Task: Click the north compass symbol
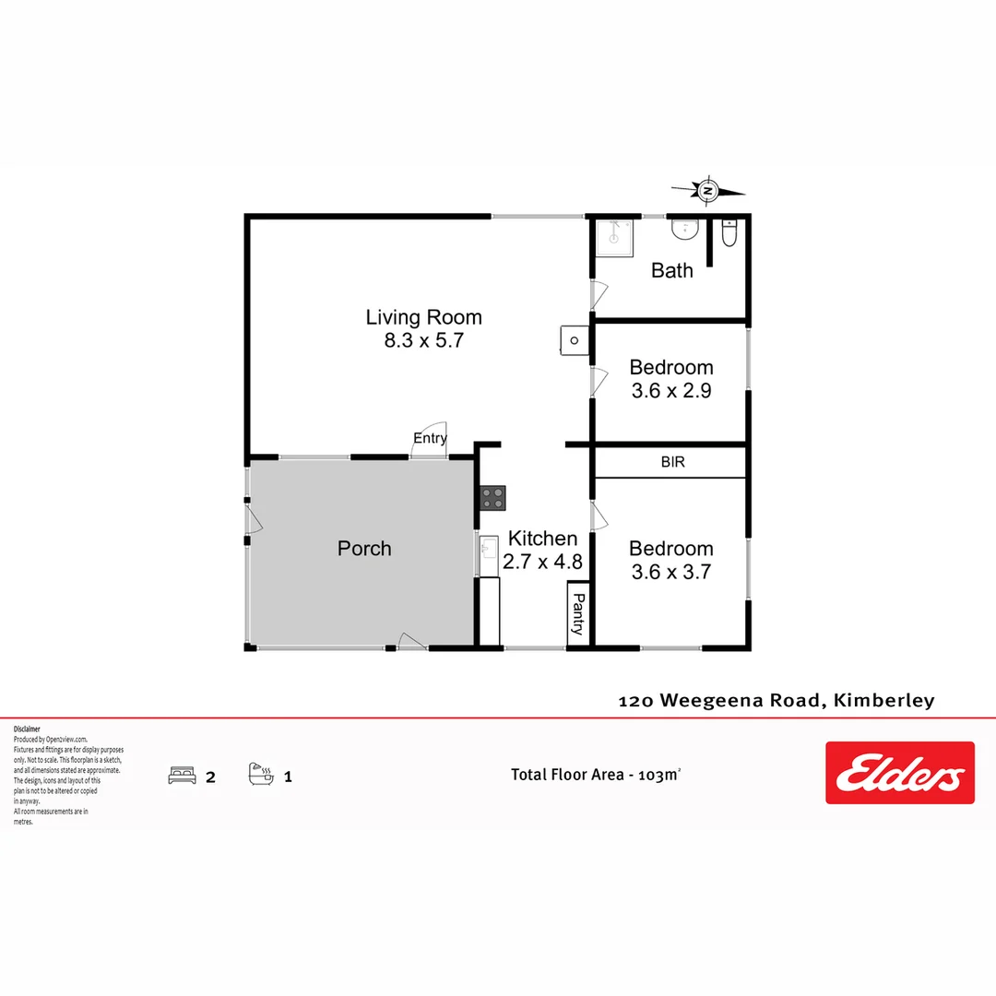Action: pyautogui.click(x=708, y=191)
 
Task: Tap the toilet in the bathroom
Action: pyautogui.click(x=729, y=236)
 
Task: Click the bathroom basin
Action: pyautogui.click(x=684, y=231)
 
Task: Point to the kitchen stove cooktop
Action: pyautogui.click(x=492, y=498)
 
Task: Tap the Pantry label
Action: pyautogui.click(x=577, y=615)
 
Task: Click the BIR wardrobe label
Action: pyautogui.click(x=672, y=462)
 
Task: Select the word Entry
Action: pyautogui.click(x=430, y=438)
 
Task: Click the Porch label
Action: pyautogui.click(x=364, y=549)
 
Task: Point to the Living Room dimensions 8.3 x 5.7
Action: pyautogui.click(x=423, y=340)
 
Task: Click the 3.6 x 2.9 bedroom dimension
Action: pyautogui.click(x=671, y=390)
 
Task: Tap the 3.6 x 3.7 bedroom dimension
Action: pyautogui.click(x=671, y=572)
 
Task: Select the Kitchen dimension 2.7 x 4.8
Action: pyautogui.click(x=542, y=561)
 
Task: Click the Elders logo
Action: pyautogui.click(x=899, y=773)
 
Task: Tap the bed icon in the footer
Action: pyautogui.click(x=182, y=776)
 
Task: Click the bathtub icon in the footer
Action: pyautogui.click(x=261, y=774)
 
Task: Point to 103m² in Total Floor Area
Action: pyautogui.click(x=658, y=775)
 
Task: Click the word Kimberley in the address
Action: pyautogui.click(x=883, y=700)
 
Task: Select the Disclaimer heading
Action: pyautogui.click(x=27, y=729)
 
